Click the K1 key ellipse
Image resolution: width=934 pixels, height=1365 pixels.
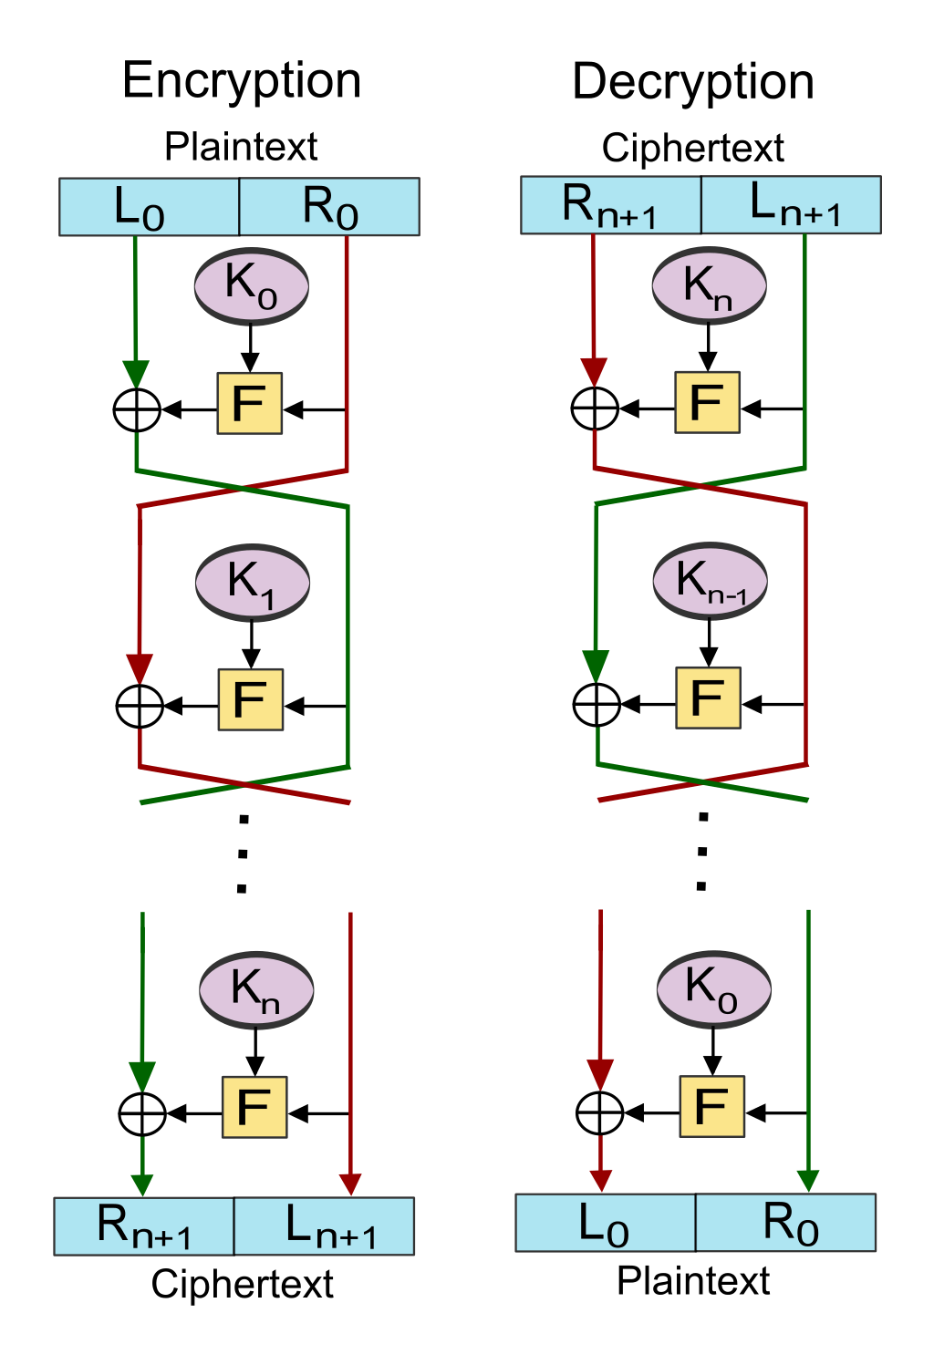[x=253, y=583]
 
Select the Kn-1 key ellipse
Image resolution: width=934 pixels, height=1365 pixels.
[x=710, y=581]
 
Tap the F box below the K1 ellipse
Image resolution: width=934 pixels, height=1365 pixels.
[x=251, y=699]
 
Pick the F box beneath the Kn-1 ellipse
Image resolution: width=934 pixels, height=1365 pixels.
[x=708, y=698]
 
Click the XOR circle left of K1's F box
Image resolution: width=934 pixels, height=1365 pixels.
[x=140, y=706]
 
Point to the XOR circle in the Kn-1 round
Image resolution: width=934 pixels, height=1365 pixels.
[x=597, y=704]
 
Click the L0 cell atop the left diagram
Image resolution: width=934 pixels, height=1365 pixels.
[x=149, y=207]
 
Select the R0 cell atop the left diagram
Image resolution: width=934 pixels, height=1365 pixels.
[x=329, y=207]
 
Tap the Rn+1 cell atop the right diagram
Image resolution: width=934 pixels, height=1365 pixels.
[x=610, y=205]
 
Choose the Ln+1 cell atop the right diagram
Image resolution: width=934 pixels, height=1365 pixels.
[x=791, y=205]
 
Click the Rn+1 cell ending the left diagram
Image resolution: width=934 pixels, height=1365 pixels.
[x=144, y=1226]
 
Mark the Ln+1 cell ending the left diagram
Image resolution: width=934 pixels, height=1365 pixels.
[x=324, y=1226]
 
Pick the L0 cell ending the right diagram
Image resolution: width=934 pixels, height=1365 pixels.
[x=606, y=1223]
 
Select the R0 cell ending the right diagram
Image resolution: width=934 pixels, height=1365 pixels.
[x=785, y=1223]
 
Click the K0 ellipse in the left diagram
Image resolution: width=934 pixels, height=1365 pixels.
[x=251, y=286]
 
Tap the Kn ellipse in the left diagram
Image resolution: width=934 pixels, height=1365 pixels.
[x=256, y=990]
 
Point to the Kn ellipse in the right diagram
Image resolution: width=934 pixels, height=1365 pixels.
[x=709, y=285]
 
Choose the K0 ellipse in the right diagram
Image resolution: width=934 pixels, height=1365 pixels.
[x=714, y=989]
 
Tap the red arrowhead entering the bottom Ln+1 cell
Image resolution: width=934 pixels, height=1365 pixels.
[x=350, y=1184]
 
